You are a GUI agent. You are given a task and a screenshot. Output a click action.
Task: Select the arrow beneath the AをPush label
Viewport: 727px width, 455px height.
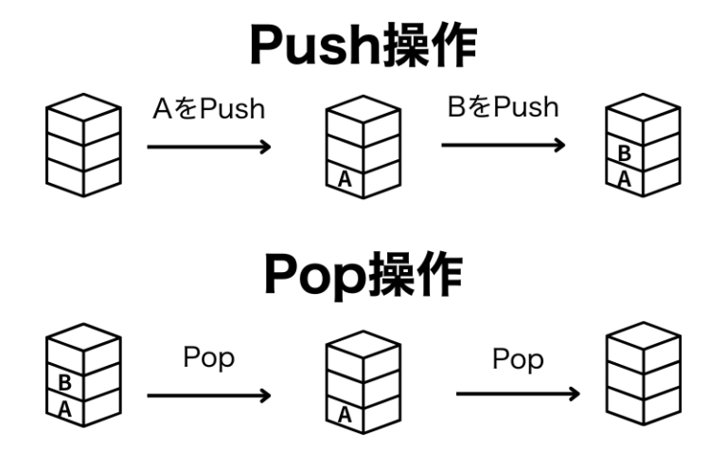pyautogui.click(x=208, y=146)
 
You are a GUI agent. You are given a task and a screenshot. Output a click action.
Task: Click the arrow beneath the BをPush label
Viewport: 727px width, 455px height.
pyautogui.click(x=503, y=145)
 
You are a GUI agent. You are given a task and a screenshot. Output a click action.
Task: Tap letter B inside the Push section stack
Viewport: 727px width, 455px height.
pyautogui.click(x=624, y=153)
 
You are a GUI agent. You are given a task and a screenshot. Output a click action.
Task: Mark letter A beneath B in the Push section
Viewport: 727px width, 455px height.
pyautogui.click(x=624, y=178)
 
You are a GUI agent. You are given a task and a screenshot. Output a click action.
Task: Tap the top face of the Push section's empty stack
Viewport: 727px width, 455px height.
pyautogui.click(x=83, y=106)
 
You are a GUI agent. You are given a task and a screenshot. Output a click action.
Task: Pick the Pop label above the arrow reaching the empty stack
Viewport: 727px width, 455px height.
pyautogui.click(x=518, y=359)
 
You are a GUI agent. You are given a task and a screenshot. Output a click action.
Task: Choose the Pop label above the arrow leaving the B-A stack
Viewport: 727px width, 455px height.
pyautogui.click(x=208, y=359)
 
